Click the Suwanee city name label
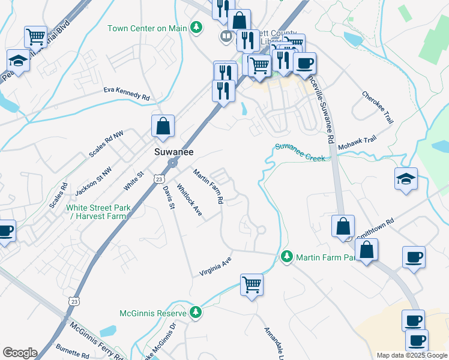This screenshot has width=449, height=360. (173, 152)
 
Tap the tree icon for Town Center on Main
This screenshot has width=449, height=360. (196, 28)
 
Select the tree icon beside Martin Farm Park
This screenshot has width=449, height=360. (287, 257)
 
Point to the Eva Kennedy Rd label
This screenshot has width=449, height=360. (126, 96)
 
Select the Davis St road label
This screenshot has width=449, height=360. (167, 197)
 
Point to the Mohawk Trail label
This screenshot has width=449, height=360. (357, 142)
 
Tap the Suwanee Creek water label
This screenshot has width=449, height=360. (300, 152)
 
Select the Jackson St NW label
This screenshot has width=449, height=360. (94, 181)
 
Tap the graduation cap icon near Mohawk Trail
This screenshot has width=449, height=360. (406, 178)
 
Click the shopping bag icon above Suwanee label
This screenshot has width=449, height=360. (163, 126)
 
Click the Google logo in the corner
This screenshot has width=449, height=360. (20, 353)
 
